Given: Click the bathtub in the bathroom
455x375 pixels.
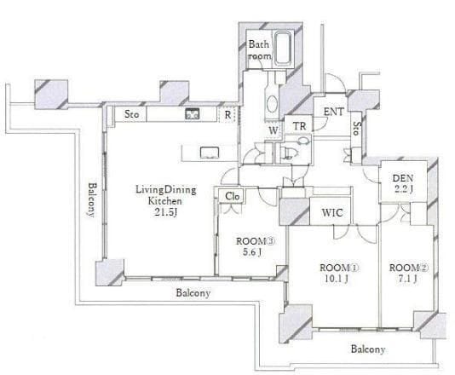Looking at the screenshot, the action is [283, 49].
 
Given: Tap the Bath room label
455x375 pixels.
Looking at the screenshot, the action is [259, 50].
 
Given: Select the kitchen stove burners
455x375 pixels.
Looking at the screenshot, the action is [193, 113].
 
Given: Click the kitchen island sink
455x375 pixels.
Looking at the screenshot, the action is [210, 153].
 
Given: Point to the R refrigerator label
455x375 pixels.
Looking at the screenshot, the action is [227, 115].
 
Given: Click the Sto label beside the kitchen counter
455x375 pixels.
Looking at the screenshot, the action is [131, 113].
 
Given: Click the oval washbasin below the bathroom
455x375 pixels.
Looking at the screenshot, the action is [272, 104].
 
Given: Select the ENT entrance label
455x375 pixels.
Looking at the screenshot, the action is [334, 112].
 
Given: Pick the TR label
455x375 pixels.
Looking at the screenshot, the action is [299, 126].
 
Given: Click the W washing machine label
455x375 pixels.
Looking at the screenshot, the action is [274, 130].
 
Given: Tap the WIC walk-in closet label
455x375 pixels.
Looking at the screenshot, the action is [332, 213].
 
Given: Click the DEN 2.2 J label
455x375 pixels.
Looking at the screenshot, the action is [403, 183].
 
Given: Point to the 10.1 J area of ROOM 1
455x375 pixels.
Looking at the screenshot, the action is [337, 279].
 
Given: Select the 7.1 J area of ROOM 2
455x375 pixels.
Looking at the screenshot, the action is [407, 279].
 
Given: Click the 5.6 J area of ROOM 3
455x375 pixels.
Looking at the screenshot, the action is [252, 252].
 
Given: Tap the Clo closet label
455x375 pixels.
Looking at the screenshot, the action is [233, 196].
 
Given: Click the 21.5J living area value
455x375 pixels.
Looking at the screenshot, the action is [165, 212].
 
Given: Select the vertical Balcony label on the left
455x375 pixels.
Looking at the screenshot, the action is [92, 199].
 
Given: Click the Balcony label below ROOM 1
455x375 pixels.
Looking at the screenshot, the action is [368, 349].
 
